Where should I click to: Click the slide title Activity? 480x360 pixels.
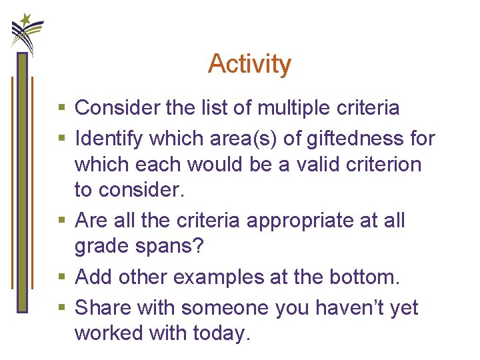(x=249, y=64)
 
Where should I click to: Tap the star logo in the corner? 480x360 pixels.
(x=27, y=30)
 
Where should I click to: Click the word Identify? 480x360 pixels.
(x=109, y=139)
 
